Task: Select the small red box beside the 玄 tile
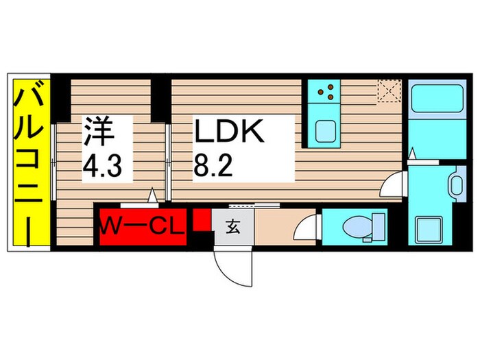click(200, 221)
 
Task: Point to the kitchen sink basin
click(324, 130)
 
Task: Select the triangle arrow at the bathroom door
click(412, 153)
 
